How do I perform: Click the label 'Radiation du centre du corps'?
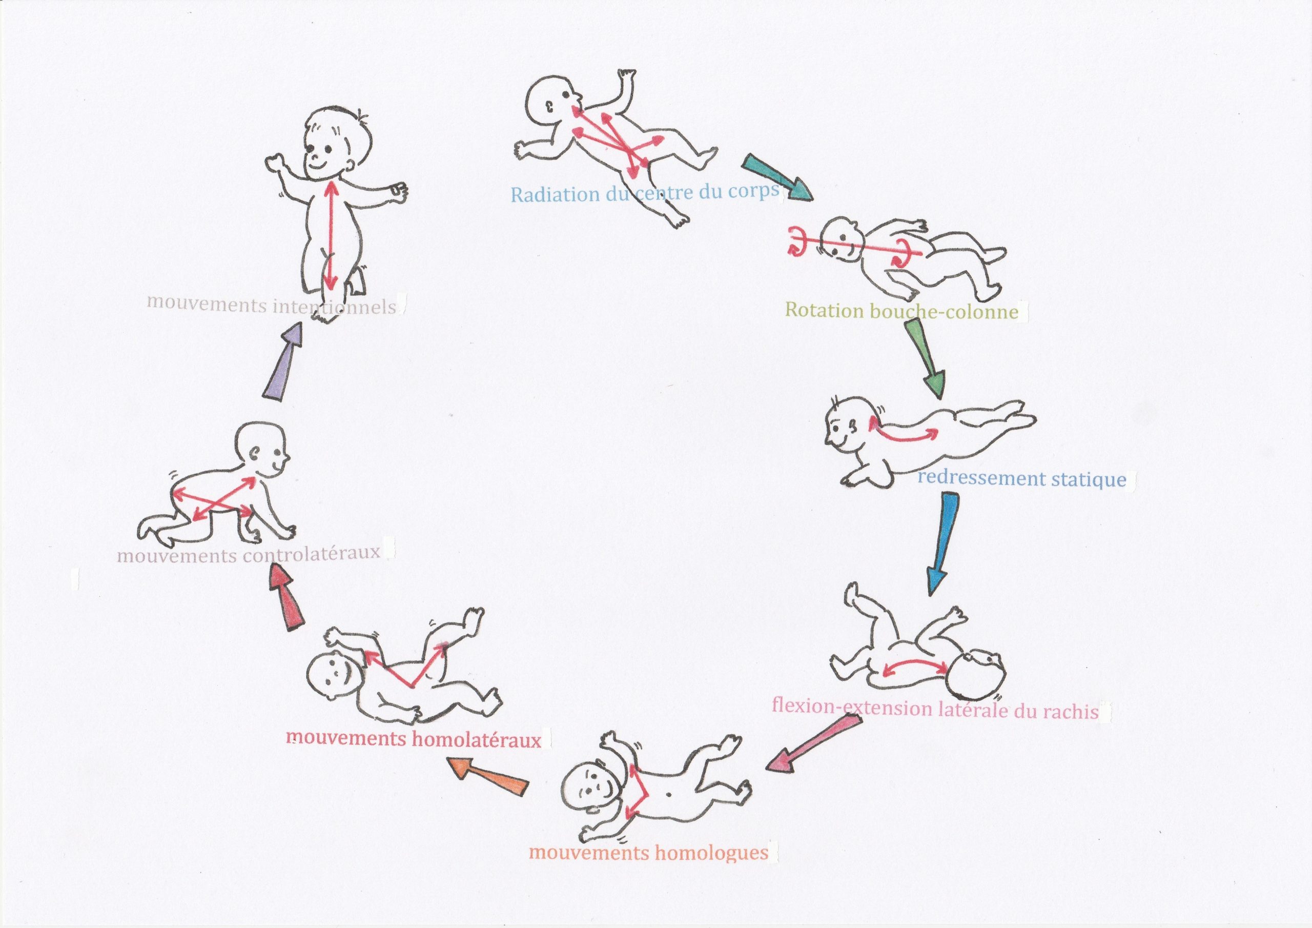645,193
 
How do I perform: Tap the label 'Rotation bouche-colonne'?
901,311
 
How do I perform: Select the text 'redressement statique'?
1022,478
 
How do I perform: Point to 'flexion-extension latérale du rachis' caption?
935,709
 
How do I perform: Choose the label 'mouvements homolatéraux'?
413,739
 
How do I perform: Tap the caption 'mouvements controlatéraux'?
248,554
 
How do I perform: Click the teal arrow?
777,177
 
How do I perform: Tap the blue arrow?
940,543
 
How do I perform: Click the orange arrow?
488,776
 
